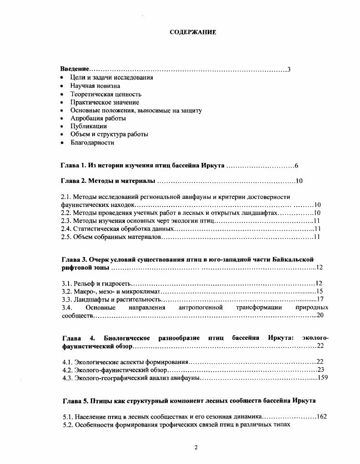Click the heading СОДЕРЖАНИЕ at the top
(x=193, y=32)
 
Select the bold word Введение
(x=75, y=70)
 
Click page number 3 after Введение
(x=289, y=70)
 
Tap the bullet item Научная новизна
(x=95, y=86)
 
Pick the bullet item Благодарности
(x=92, y=142)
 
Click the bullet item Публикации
(x=89, y=126)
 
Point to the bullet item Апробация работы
(x=98, y=118)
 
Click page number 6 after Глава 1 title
(x=296, y=165)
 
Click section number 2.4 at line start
(x=66, y=229)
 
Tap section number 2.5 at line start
(x=66, y=237)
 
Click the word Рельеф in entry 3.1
(x=84, y=283)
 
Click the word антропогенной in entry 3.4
(x=200, y=308)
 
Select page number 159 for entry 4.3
(x=322, y=377)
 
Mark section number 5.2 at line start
(x=68, y=425)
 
